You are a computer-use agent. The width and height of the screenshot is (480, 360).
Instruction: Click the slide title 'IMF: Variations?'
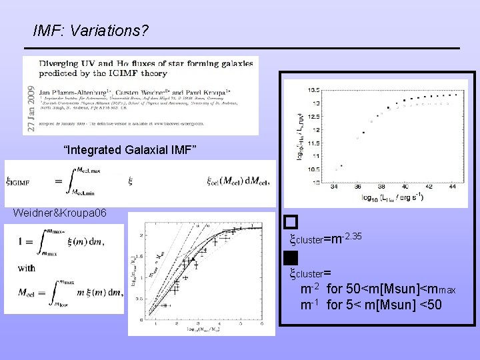tap(91, 31)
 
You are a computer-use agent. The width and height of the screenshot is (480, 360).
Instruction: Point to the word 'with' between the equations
tap(27, 269)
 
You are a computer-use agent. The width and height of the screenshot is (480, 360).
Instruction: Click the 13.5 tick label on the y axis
tap(313, 89)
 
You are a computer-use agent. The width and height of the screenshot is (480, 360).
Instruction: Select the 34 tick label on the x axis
tap(334, 187)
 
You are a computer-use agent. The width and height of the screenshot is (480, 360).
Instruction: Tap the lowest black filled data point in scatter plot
tap(342, 166)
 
